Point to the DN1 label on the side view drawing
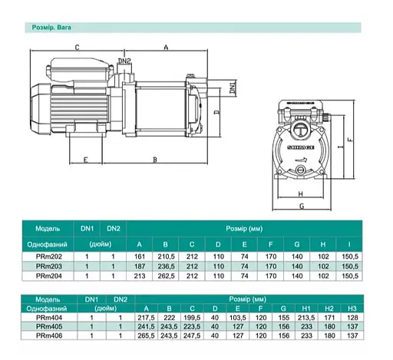(x=233, y=90)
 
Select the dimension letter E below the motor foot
(x=85, y=160)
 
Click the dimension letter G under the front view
(x=302, y=206)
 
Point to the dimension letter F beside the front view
(x=349, y=140)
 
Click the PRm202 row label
(x=50, y=255)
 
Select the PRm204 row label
(x=50, y=274)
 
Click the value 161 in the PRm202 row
(x=140, y=255)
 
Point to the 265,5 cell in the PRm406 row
(x=144, y=335)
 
